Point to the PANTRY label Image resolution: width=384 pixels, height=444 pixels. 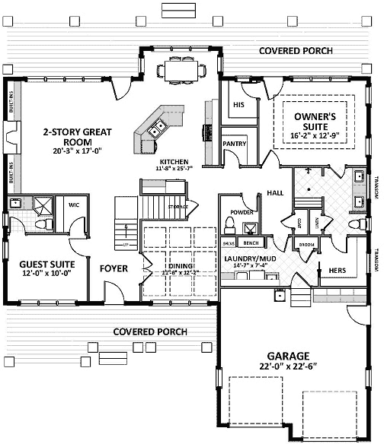(234, 143)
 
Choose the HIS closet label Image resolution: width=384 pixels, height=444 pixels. (238, 104)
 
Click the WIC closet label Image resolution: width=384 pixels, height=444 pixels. (74, 205)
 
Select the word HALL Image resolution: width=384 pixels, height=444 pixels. (275, 194)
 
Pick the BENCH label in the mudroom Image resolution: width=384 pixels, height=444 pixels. (250, 243)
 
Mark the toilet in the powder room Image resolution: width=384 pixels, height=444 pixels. (230, 224)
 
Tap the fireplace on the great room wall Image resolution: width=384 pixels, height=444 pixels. (11, 138)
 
